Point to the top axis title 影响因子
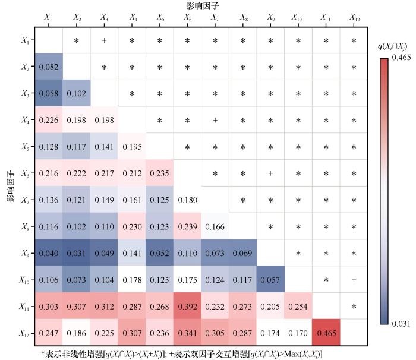coord(201,5)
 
